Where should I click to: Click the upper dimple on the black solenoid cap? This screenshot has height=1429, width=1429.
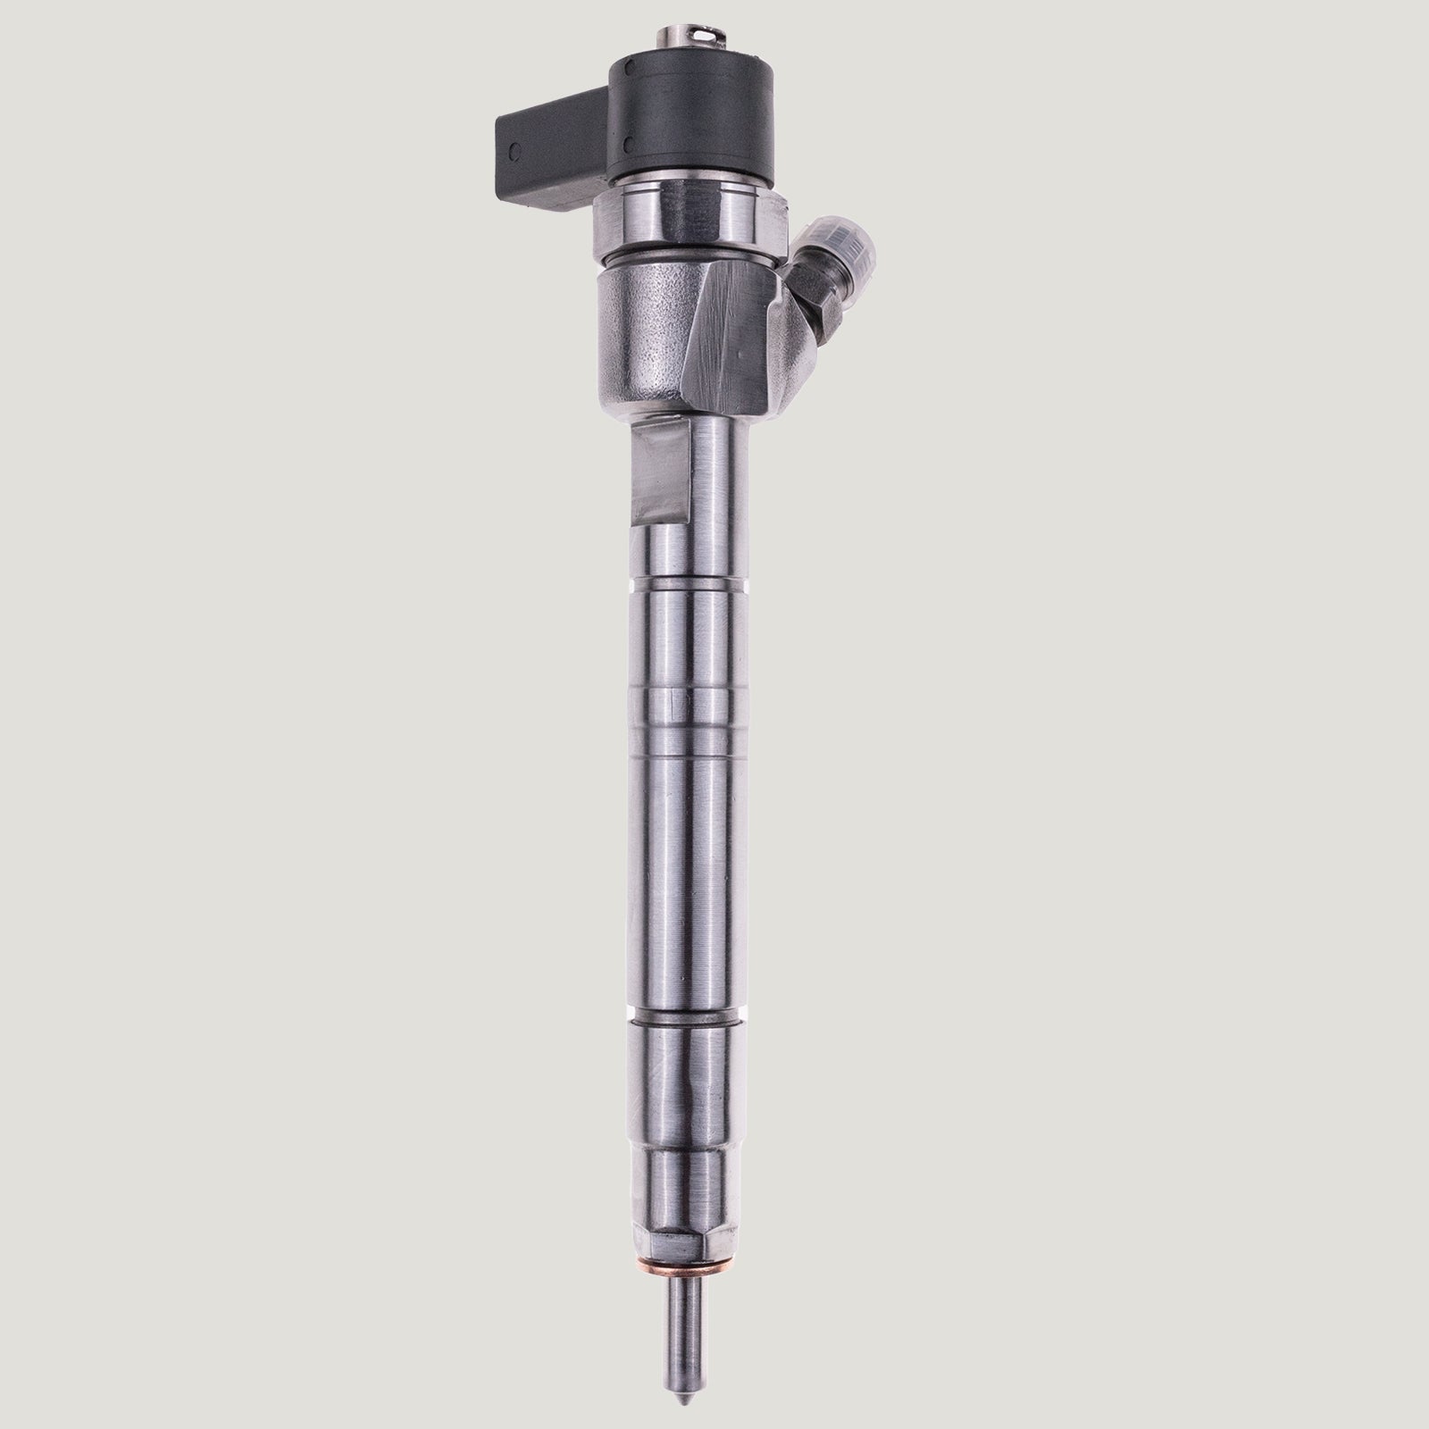click(632, 68)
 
